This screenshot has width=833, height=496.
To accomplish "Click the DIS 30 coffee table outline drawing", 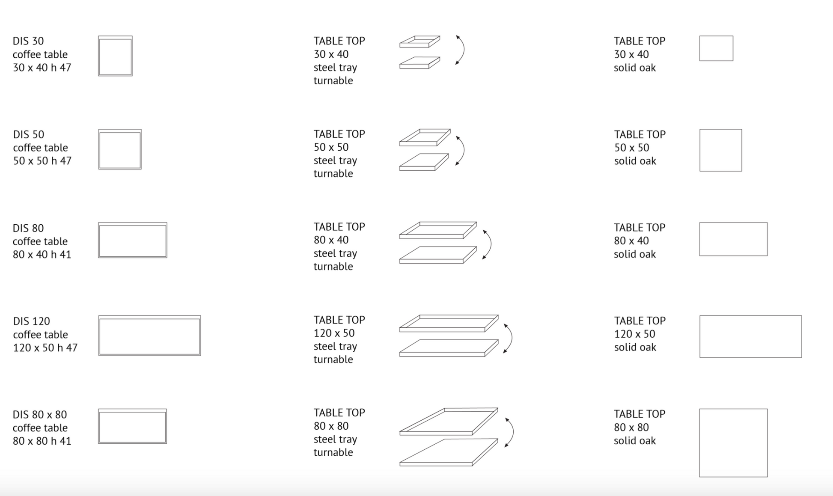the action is click(x=99, y=56).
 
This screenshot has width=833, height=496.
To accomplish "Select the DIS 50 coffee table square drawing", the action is click(x=99, y=149).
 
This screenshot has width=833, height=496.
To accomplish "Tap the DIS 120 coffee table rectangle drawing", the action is click(x=99, y=336).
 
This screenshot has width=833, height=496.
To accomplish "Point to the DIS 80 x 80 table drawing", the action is click(x=99, y=426).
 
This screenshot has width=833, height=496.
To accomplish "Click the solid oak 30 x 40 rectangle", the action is click(x=700, y=48).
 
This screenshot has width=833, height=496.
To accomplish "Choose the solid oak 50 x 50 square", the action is click(x=700, y=150).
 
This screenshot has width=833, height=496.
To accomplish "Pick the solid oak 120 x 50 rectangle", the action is click(x=700, y=336).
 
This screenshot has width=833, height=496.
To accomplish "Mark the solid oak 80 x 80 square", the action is click(x=700, y=443).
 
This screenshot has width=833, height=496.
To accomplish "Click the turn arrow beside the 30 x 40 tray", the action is click(x=464, y=50).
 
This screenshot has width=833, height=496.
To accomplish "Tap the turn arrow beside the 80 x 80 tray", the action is click(x=512, y=432).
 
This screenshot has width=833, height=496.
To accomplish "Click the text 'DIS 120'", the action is click(x=31, y=321).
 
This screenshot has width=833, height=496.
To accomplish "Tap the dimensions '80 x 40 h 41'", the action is click(x=42, y=254).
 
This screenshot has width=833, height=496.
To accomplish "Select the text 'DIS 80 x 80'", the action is click(x=40, y=414).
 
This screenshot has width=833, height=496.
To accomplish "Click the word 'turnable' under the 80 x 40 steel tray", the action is click(x=333, y=266).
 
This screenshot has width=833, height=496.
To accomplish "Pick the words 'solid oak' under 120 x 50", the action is click(x=635, y=347).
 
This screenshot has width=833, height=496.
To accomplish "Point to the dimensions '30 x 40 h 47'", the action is click(x=42, y=68).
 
